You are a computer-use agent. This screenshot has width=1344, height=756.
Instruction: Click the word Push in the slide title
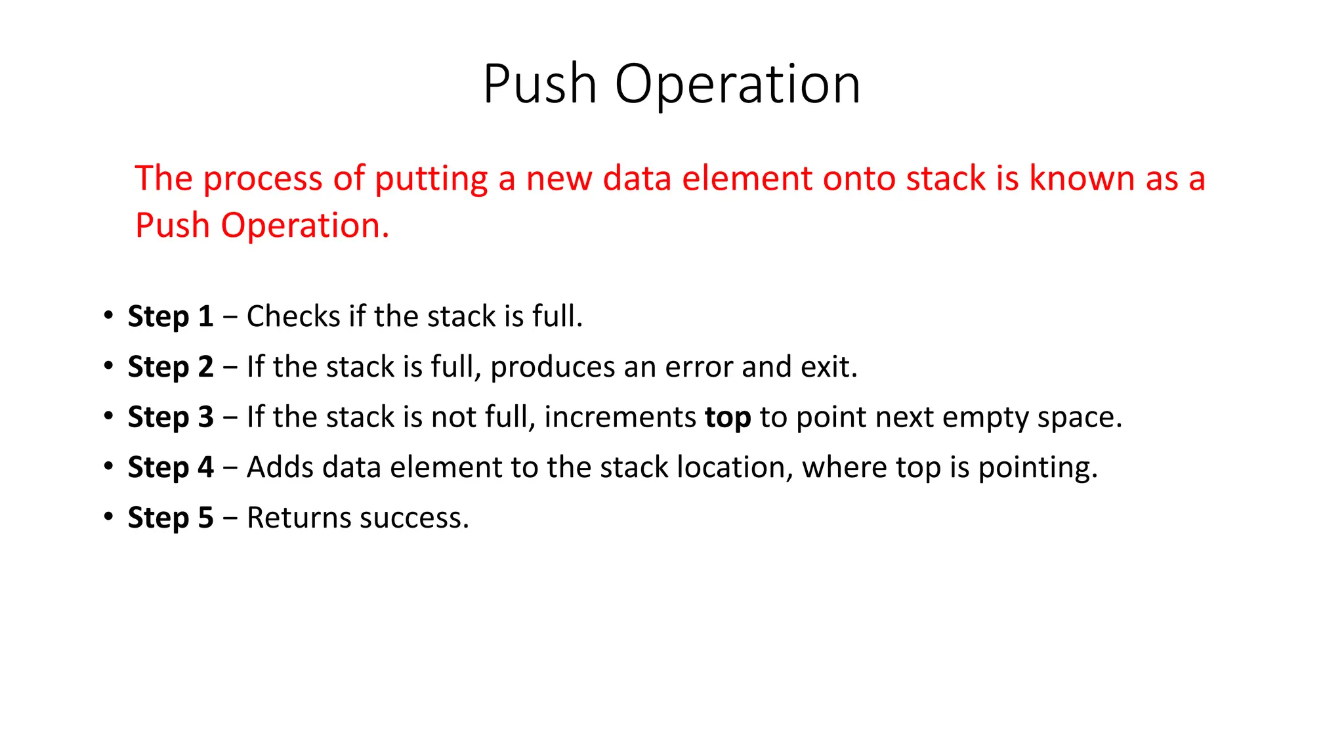[x=539, y=85]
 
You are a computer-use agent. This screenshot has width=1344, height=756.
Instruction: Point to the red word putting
[x=431, y=179]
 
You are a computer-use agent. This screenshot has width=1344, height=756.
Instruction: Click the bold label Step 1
[x=171, y=317]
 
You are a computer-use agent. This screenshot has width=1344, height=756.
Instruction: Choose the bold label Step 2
[x=171, y=367]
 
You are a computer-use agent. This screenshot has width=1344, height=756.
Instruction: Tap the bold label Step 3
[x=171, y=417]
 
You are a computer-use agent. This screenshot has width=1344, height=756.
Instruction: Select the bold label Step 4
[x=171, y=468]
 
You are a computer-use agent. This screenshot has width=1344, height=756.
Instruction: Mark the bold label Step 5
[x=171, y=518]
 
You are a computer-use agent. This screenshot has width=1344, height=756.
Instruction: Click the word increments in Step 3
[x=619, y=417]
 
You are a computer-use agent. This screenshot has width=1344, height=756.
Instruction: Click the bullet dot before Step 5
[x=108, y=516]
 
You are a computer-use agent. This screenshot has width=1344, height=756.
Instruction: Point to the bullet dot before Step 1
[x=108, y=315]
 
